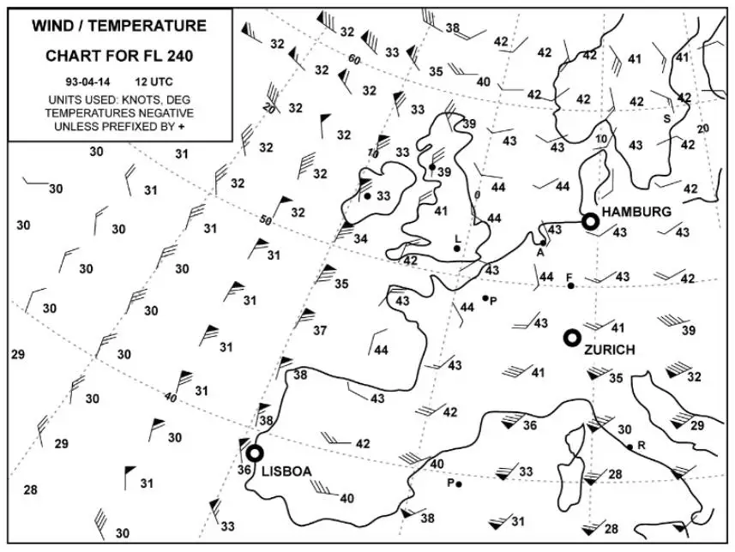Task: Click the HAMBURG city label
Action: pos(636,211)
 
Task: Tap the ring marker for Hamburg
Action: pos(590,221)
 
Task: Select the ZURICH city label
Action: pos(609,350)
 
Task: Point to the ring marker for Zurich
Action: pos(572,338)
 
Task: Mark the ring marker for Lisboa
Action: pos(254,453)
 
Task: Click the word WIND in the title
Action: pos(53,26)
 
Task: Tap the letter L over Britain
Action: pos(457,237)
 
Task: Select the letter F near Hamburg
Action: pos(569,276)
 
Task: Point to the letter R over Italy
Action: pos(641,446)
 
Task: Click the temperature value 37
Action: pos(320,330)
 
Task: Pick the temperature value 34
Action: pos(361,237)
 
